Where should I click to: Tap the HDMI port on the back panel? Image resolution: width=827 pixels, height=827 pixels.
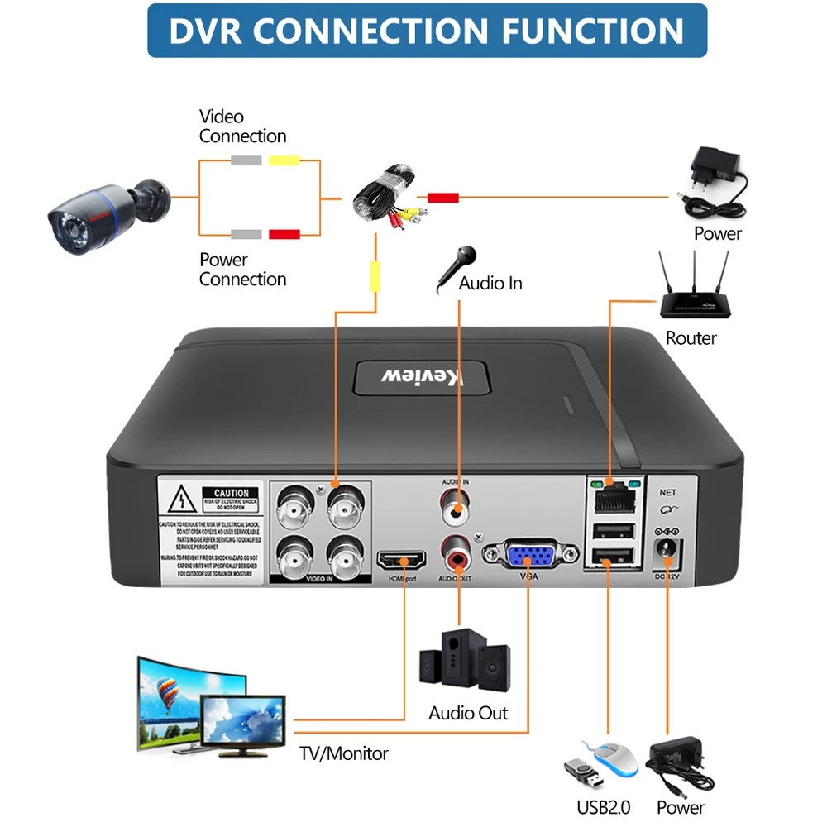tap(403, 562)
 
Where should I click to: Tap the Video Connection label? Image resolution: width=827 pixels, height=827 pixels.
tap(242, 127)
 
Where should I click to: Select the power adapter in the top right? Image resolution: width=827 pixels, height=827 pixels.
tap(714, 181)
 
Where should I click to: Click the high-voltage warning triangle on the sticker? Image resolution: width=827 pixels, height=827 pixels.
tap(180, 500)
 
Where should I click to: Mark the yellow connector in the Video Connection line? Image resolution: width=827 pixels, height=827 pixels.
tap(285, 160)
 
